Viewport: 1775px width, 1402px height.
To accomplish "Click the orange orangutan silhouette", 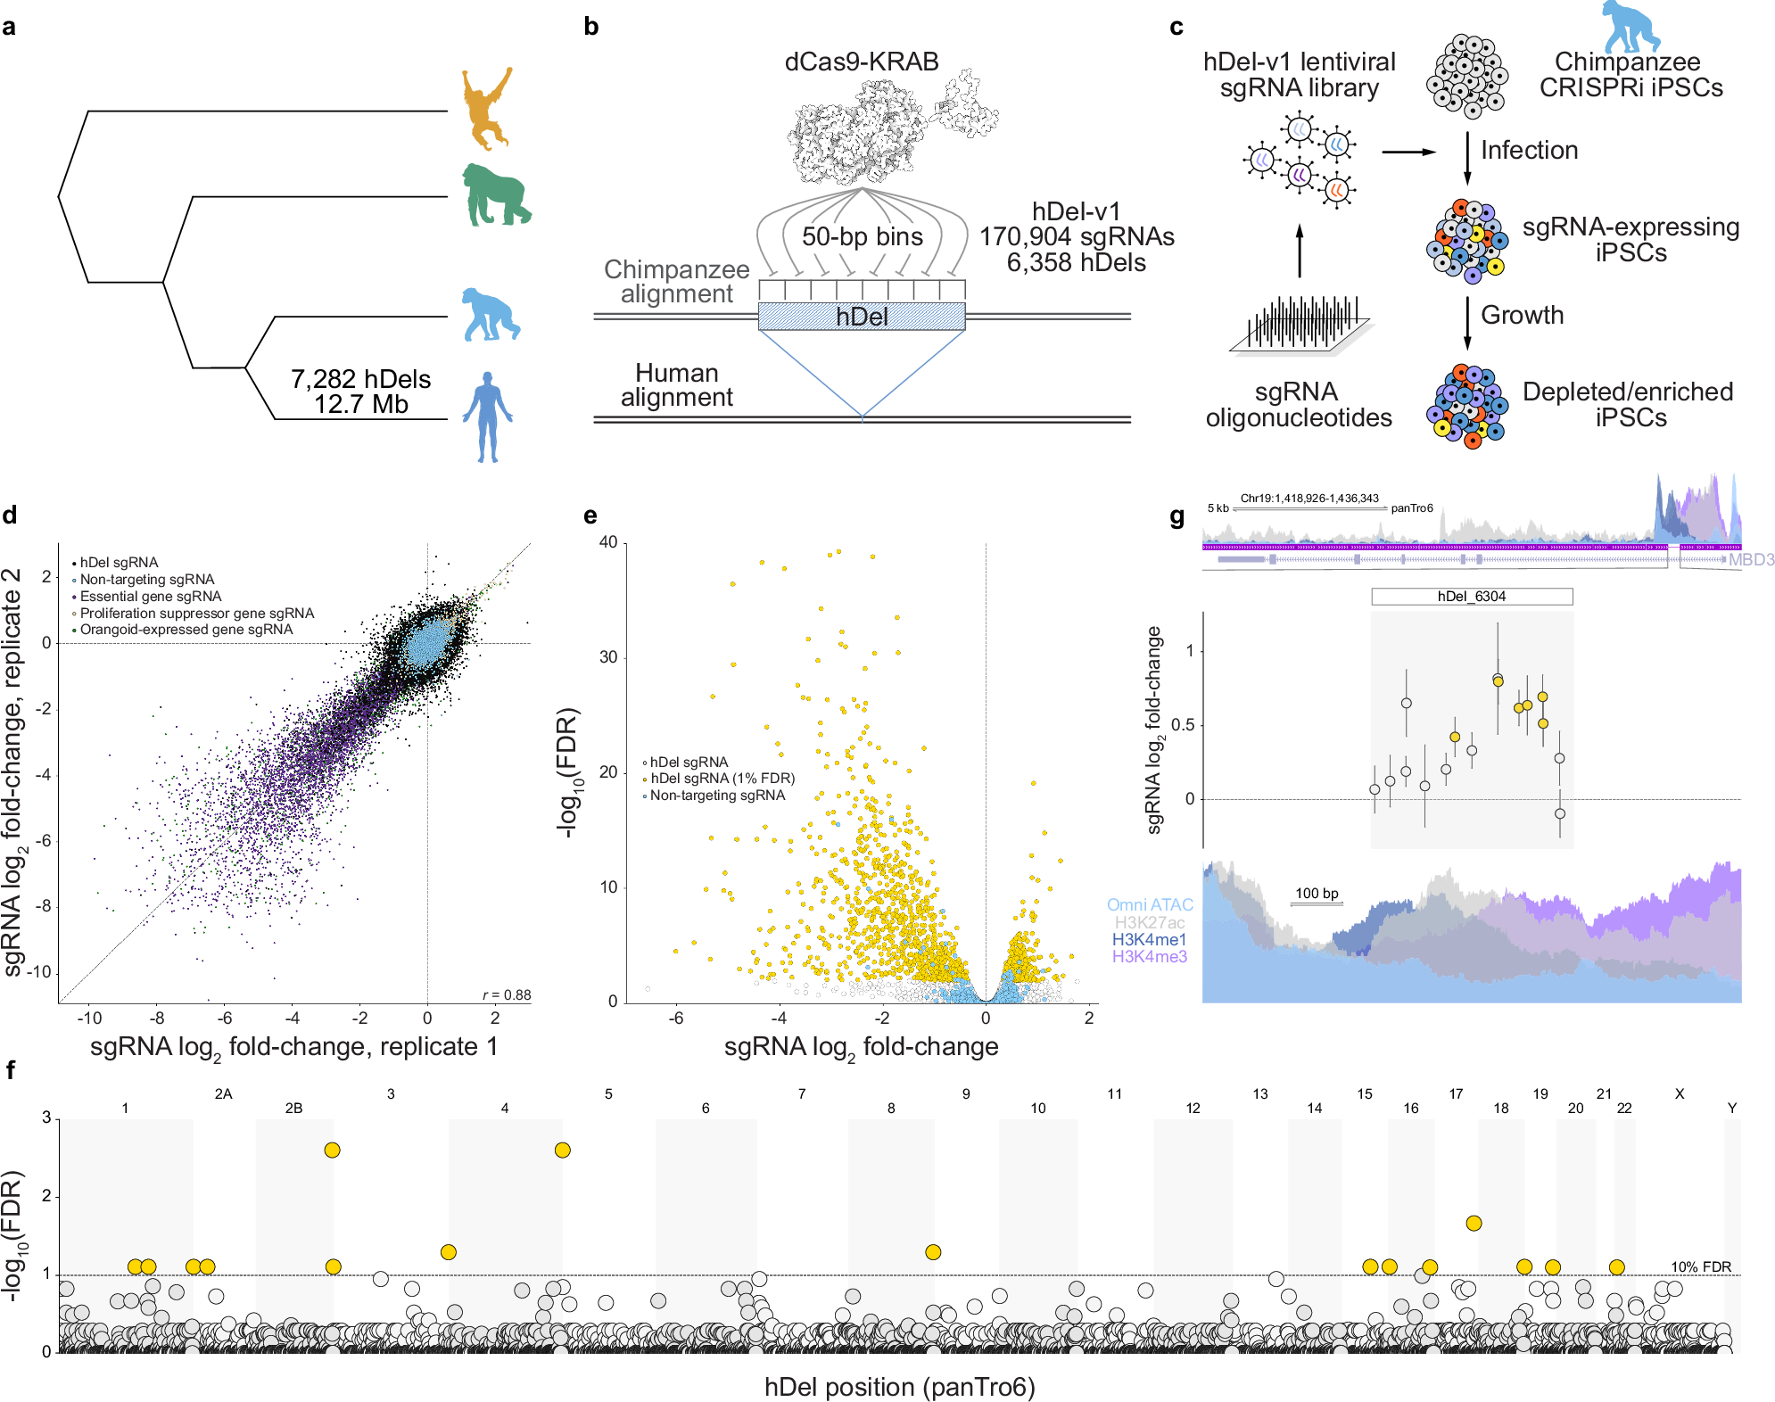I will tap(486, 107).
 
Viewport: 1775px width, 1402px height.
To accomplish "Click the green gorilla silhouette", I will tap(495, 196).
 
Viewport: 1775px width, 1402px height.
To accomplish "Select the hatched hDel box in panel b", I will tap(862, 317).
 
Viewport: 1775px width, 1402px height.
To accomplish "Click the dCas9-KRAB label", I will tap(861, 62).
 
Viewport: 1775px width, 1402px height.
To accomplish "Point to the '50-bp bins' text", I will tap(862, 236).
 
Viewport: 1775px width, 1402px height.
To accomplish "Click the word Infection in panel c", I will tap(1529, 150).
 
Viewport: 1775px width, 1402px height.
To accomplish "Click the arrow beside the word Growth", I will tap(1467, 323).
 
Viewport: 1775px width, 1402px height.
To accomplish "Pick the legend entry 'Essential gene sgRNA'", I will tap(150, 596).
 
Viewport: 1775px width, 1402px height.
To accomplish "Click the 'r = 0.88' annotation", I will tap(507, 994).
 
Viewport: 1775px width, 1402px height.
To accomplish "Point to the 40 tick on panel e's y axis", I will tap(608, 542).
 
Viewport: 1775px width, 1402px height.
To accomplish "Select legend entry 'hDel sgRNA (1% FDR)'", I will tap(722, 778).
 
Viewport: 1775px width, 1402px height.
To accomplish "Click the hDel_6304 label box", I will tap(1472, 596).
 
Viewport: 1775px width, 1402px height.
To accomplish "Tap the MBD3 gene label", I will tap(1751, 559).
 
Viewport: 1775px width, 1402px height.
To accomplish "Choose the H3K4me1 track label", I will tap(1149, 939).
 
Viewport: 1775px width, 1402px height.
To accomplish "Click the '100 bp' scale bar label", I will tap(1317, 893).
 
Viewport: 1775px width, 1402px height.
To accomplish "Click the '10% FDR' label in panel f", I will tap(1700, 1266).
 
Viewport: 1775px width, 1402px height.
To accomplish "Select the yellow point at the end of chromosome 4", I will tap(562, 1150).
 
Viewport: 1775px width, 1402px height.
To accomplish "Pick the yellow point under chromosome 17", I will tap(1474, 1223).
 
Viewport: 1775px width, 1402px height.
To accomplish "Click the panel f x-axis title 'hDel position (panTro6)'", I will tap(899, 1387).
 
